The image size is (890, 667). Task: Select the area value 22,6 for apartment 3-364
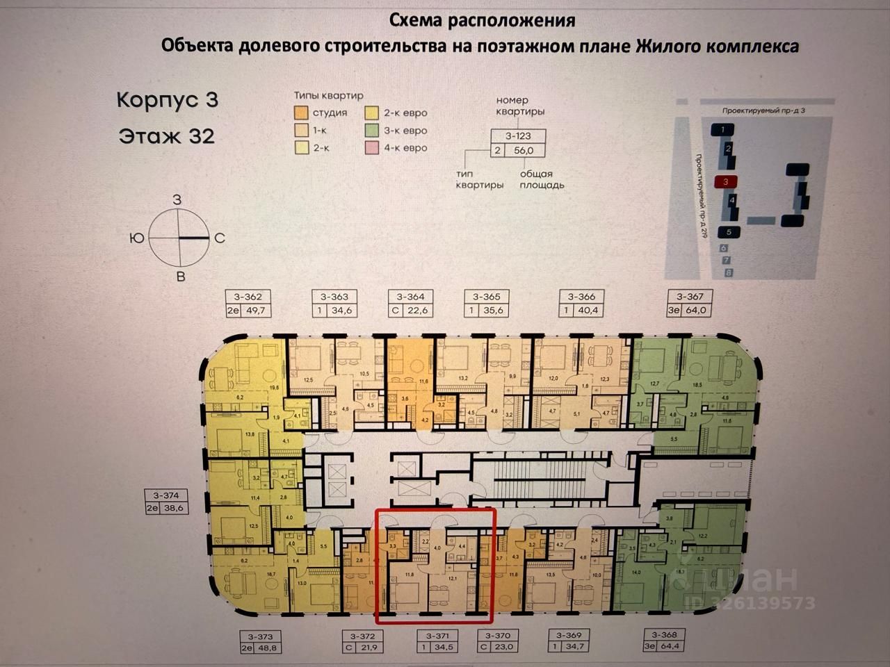coord(417,311)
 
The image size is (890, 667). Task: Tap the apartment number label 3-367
coord(690,297)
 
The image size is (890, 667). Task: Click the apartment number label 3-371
coord(438,636)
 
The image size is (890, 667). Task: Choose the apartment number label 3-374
coord(166,495)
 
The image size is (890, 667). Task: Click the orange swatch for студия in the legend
coord(300,113)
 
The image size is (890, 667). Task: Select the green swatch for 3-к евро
coord(372,131)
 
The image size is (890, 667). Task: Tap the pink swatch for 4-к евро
coord(372,148)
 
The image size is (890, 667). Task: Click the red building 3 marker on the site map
coord(725,182)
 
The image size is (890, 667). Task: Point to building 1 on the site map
coord(723,130)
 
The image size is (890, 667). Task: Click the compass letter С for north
coord(220,238)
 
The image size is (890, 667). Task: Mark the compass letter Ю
coord(137,238)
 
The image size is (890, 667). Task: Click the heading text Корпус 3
coord(168,99)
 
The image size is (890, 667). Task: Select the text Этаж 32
coord(167,135)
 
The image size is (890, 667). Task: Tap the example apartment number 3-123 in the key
coord(518,136)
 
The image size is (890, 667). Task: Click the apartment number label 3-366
coord(581,297)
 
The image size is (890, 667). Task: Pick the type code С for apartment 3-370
coord(484,648)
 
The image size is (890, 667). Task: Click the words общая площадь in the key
coord(542,180)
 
